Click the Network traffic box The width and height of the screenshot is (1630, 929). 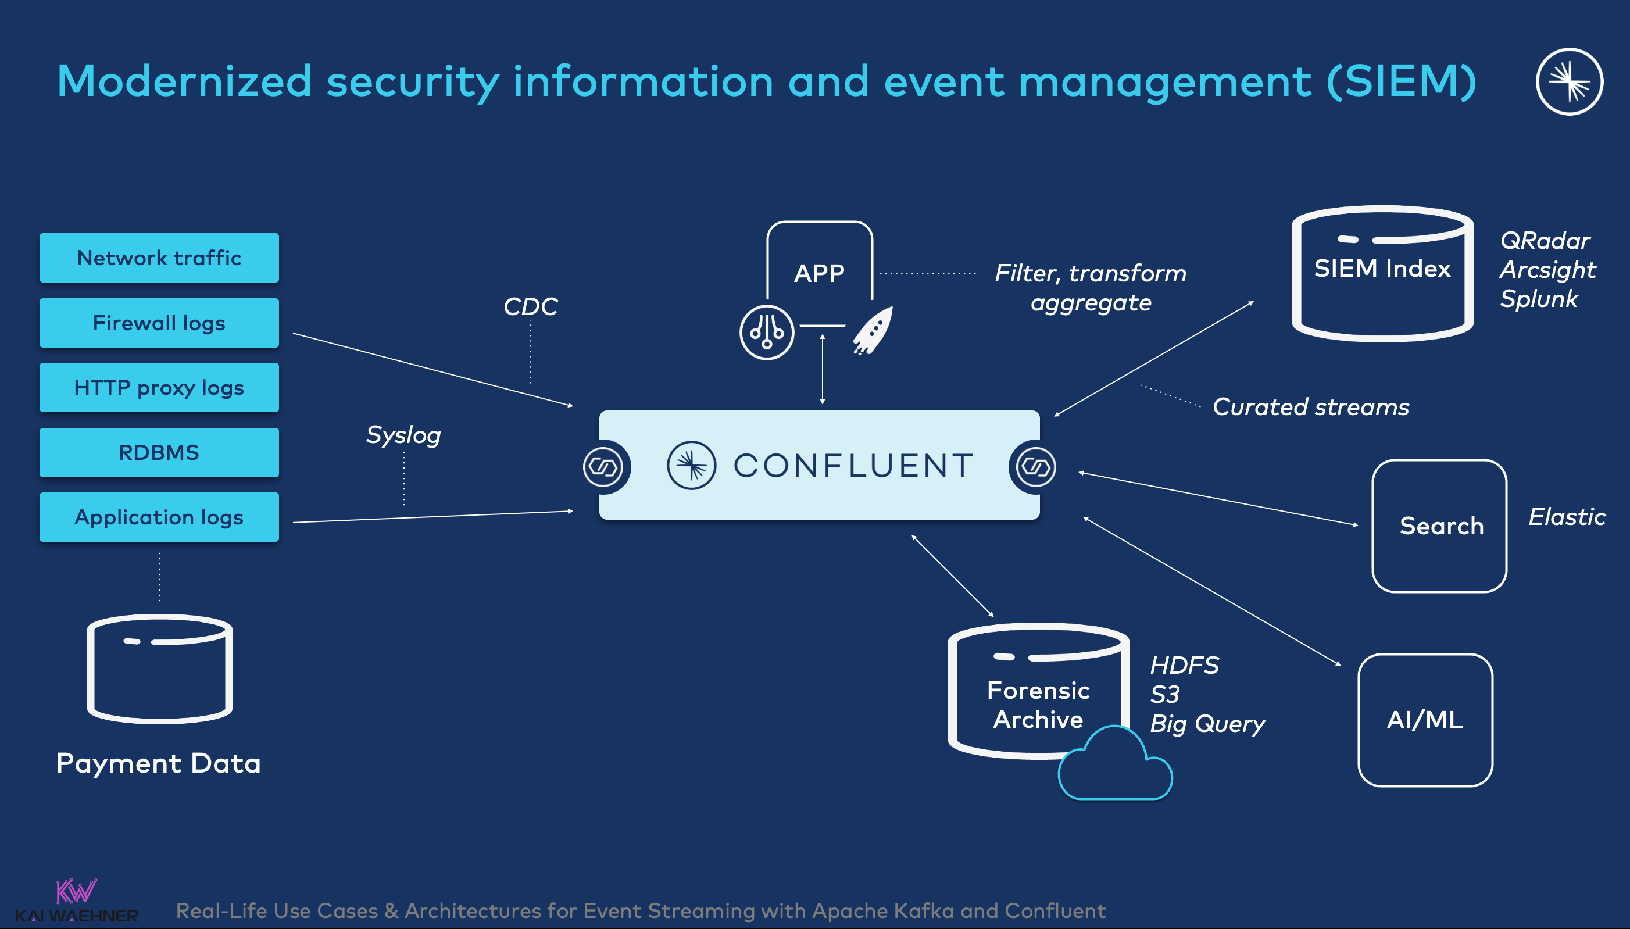coord(159,258)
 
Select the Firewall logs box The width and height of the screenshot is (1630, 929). coord(159,323)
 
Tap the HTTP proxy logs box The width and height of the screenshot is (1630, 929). coord(159,387)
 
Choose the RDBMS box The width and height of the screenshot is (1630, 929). coord(159,452)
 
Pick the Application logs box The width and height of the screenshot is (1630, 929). coord(159,517)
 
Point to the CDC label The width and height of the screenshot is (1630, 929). coord(530,307)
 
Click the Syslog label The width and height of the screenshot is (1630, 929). coord(403,435)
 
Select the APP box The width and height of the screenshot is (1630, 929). coord(819,268)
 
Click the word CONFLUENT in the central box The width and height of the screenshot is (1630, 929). coord(853,466)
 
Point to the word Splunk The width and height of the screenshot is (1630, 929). coord(1538,299)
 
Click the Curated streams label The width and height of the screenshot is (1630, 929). coord(1310,407)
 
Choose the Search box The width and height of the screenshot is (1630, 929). coord(1439,526)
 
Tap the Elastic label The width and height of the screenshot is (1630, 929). coord(1566,517)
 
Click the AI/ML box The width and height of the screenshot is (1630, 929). coord(1425,720)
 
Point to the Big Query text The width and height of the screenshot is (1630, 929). coord(1207,724)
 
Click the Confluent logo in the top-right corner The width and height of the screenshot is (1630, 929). coord(1569,81)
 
